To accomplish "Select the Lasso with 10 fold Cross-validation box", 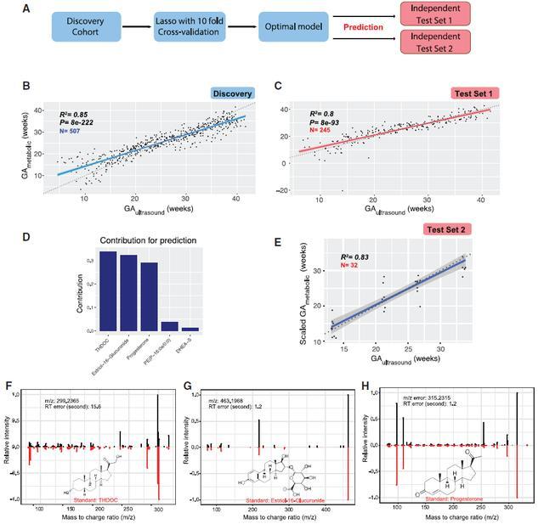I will pos(189,27).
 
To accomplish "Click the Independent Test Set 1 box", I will pos(430,14).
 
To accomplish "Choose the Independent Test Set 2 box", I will pos(430,41).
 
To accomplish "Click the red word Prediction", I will pos(361,27).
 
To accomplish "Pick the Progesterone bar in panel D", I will pos(149,296).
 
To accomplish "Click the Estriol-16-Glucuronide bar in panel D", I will pos(128,292).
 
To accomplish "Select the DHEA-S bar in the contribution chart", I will pos(190,328).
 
